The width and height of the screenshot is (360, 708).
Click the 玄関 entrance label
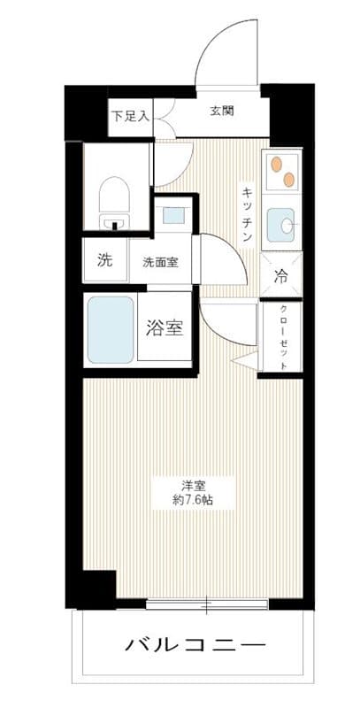(x=222, y=111)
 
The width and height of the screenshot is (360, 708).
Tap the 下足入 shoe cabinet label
(x=130, y=115)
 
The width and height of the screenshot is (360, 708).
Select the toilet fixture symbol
(x=113, y=199)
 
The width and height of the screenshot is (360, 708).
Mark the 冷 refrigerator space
(x=281, y=275)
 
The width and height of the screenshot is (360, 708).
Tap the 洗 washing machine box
(x=104, y=261)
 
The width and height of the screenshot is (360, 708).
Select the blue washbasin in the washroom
(x=173, y=214)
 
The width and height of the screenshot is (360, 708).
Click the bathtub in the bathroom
(x=111, y=329)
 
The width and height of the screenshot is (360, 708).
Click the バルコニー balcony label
(x=195, y=642)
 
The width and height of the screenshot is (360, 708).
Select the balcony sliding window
(x=206, y=605)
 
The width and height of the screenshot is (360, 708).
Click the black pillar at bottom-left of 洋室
(x=93, y=589)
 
